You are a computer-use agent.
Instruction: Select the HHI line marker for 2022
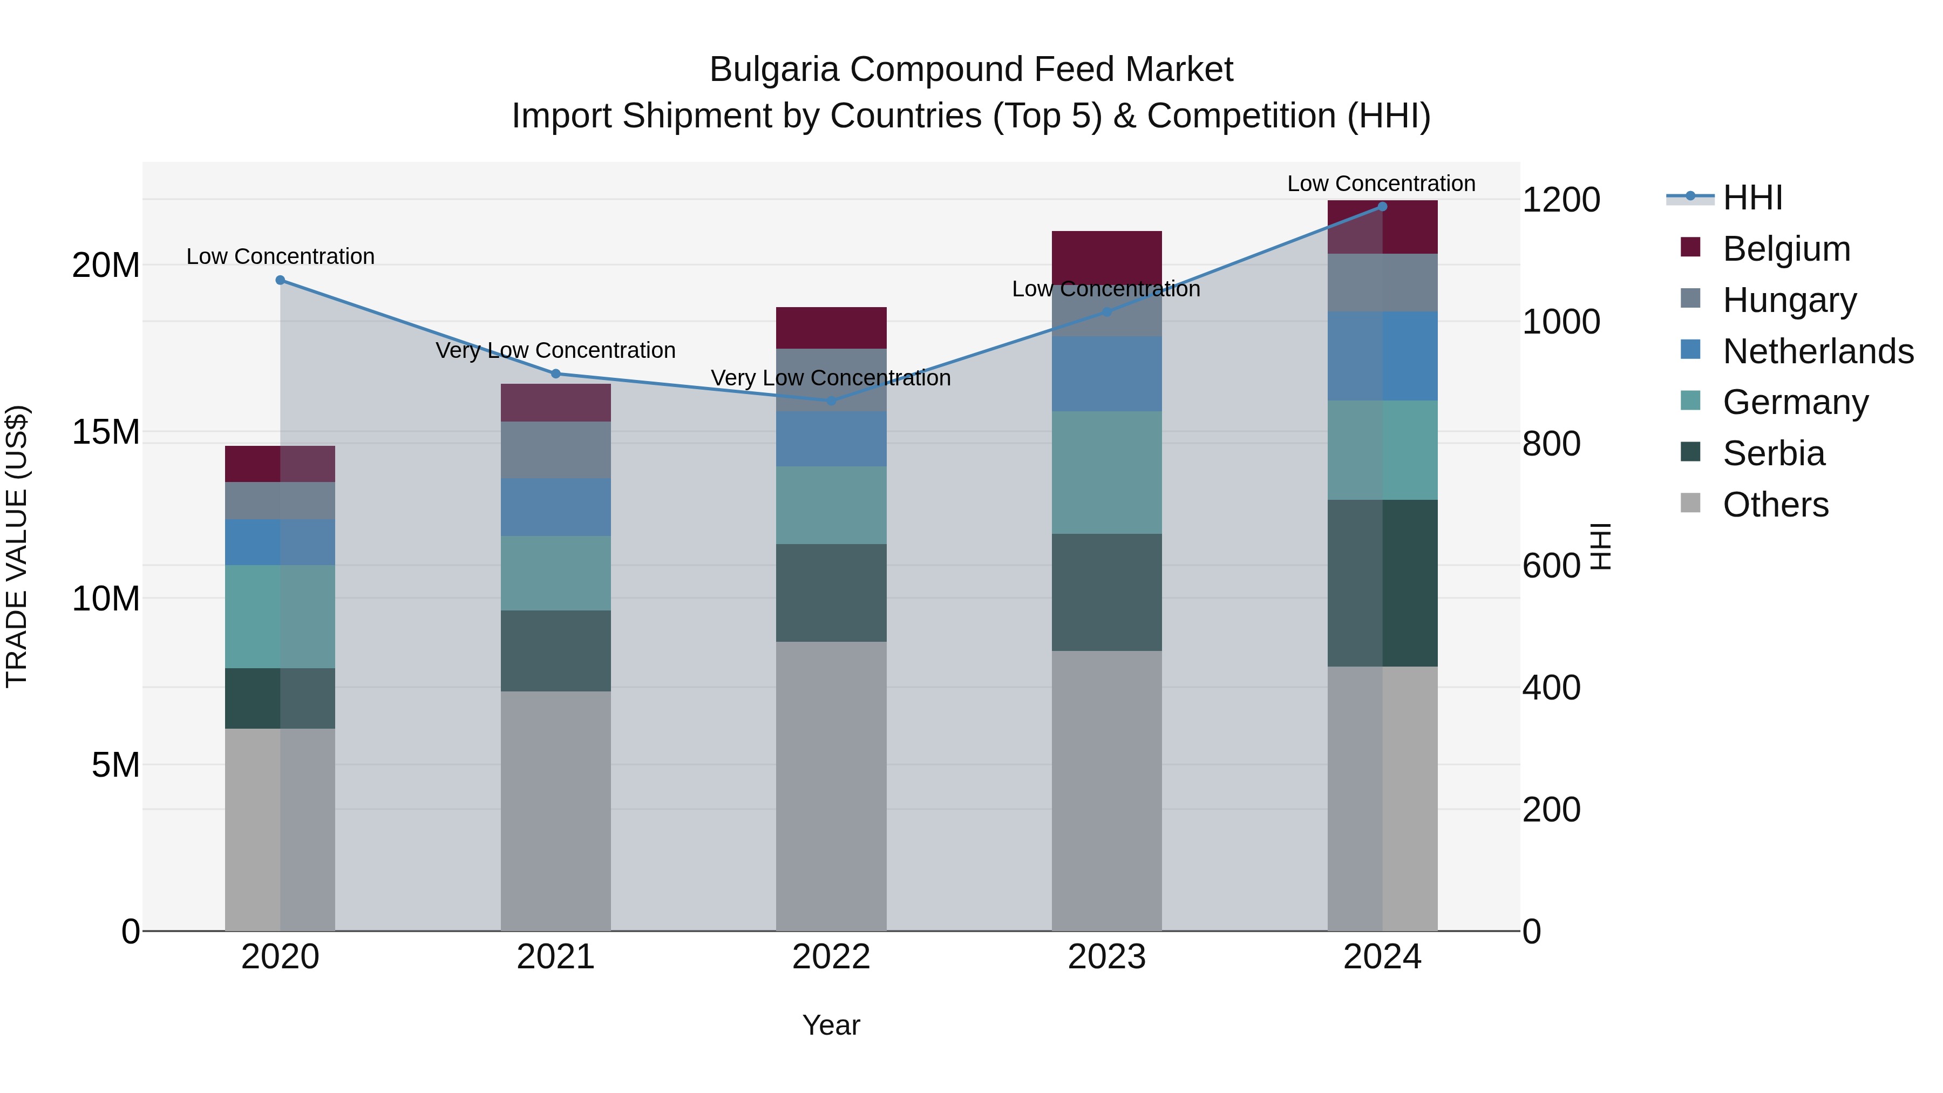coord(831,400)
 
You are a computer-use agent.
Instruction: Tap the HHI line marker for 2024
coord(1382,207)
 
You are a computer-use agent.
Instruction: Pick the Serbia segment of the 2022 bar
coord(831,593)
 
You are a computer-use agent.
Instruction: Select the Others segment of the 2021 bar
coord(555,811)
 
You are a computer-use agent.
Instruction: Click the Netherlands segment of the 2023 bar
coord(1106,374)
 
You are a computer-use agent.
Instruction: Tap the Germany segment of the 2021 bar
coord(555,573)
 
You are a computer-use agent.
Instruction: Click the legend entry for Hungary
coord(1789,300)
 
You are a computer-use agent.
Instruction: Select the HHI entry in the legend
coord(1751,198)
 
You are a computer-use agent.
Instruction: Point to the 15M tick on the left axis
coord(106,432)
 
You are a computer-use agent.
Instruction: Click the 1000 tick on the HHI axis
coord(1560,322)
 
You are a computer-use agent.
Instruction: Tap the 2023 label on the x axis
coord(1106,957)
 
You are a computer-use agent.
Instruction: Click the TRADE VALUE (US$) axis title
coord(17,546)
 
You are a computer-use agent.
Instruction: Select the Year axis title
coord(831,1025)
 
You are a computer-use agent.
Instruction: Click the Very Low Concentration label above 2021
coord(555,351)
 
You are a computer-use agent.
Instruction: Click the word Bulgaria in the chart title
coord(774,70)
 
